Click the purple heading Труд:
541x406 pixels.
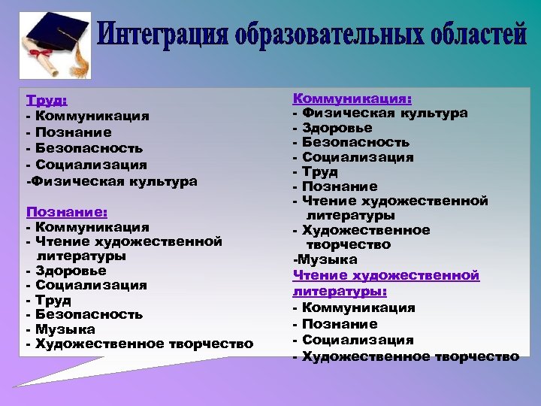pyautogui.click(x=47, y=101)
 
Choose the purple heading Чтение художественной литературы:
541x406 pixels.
pyautogui.click(x=385, y=283)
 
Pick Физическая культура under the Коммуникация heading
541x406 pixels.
pyautogui.click(x=385, y=113)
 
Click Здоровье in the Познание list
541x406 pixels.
pyautogui.click(x=70, y=271)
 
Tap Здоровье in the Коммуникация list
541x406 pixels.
pyautogui.click(x=337, y=128)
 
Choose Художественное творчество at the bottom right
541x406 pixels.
pyautogui.click(x=410, y=356)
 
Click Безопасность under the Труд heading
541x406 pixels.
pyautogui.click(x=88, y=148)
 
